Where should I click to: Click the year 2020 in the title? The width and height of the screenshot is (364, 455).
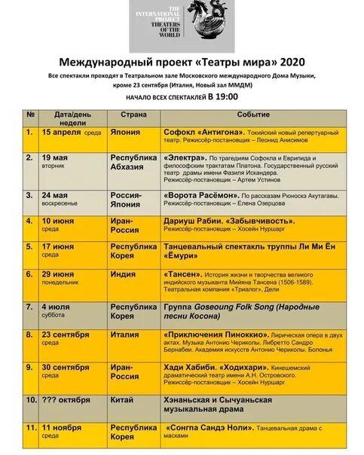[291, 63]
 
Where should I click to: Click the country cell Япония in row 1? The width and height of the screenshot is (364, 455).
[127, 132]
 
